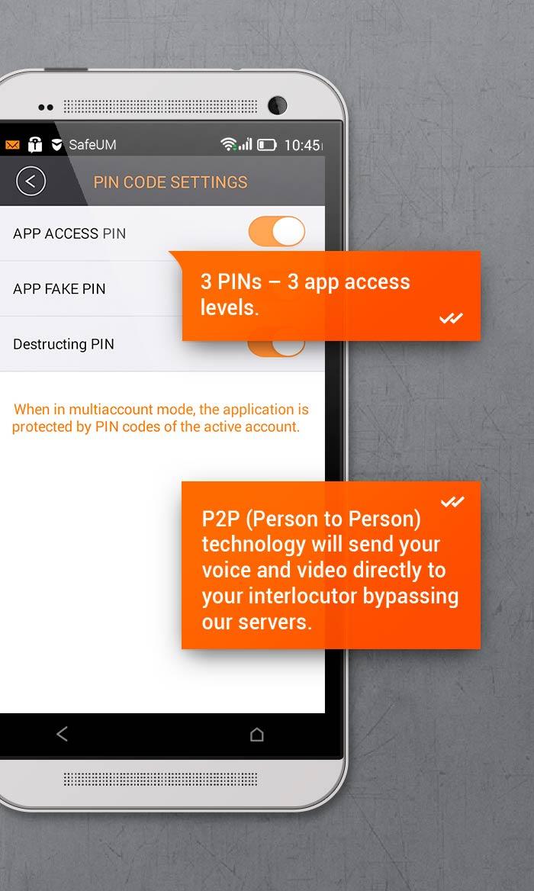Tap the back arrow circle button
click(x=31, y=182)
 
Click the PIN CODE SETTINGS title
click(x=170, y=182)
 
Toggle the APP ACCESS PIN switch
click(x=277, y=232)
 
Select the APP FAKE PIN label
click(x=59, y=289)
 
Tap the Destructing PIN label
click(x=63, y=345)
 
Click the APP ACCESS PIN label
click(x=69, y=233)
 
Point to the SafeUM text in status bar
click(x=92, y=144)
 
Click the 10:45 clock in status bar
click(x=302, y=144)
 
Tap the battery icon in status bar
click(x=267, y=144)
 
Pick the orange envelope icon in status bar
click(x=12, y=144)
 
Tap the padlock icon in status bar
click(x=35, y=144)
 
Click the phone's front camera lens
click(x=277, y=105)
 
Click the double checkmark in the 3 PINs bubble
click(x=451, y=318)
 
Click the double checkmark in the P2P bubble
click(x=452, y=501)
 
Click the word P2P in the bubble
click(x=221, y=519)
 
